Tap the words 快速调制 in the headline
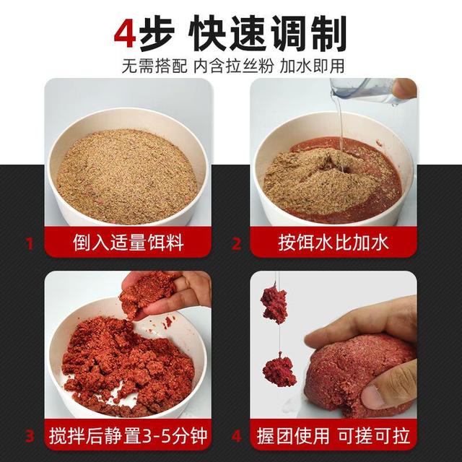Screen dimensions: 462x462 pos(267,34)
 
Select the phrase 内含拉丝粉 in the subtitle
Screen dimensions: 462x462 pos(230,66)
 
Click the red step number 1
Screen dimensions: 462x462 pos(30,243)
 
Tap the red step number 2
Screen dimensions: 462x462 pos(235,243)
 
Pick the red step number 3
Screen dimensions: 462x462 pos(30,436)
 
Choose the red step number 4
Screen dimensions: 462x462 pos(235,436)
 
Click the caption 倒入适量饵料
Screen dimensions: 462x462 pos(129,243)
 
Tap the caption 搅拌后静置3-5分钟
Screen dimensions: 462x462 pos(129,436)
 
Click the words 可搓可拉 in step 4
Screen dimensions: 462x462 pos(372,436)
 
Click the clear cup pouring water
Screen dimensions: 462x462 pos(361,93)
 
